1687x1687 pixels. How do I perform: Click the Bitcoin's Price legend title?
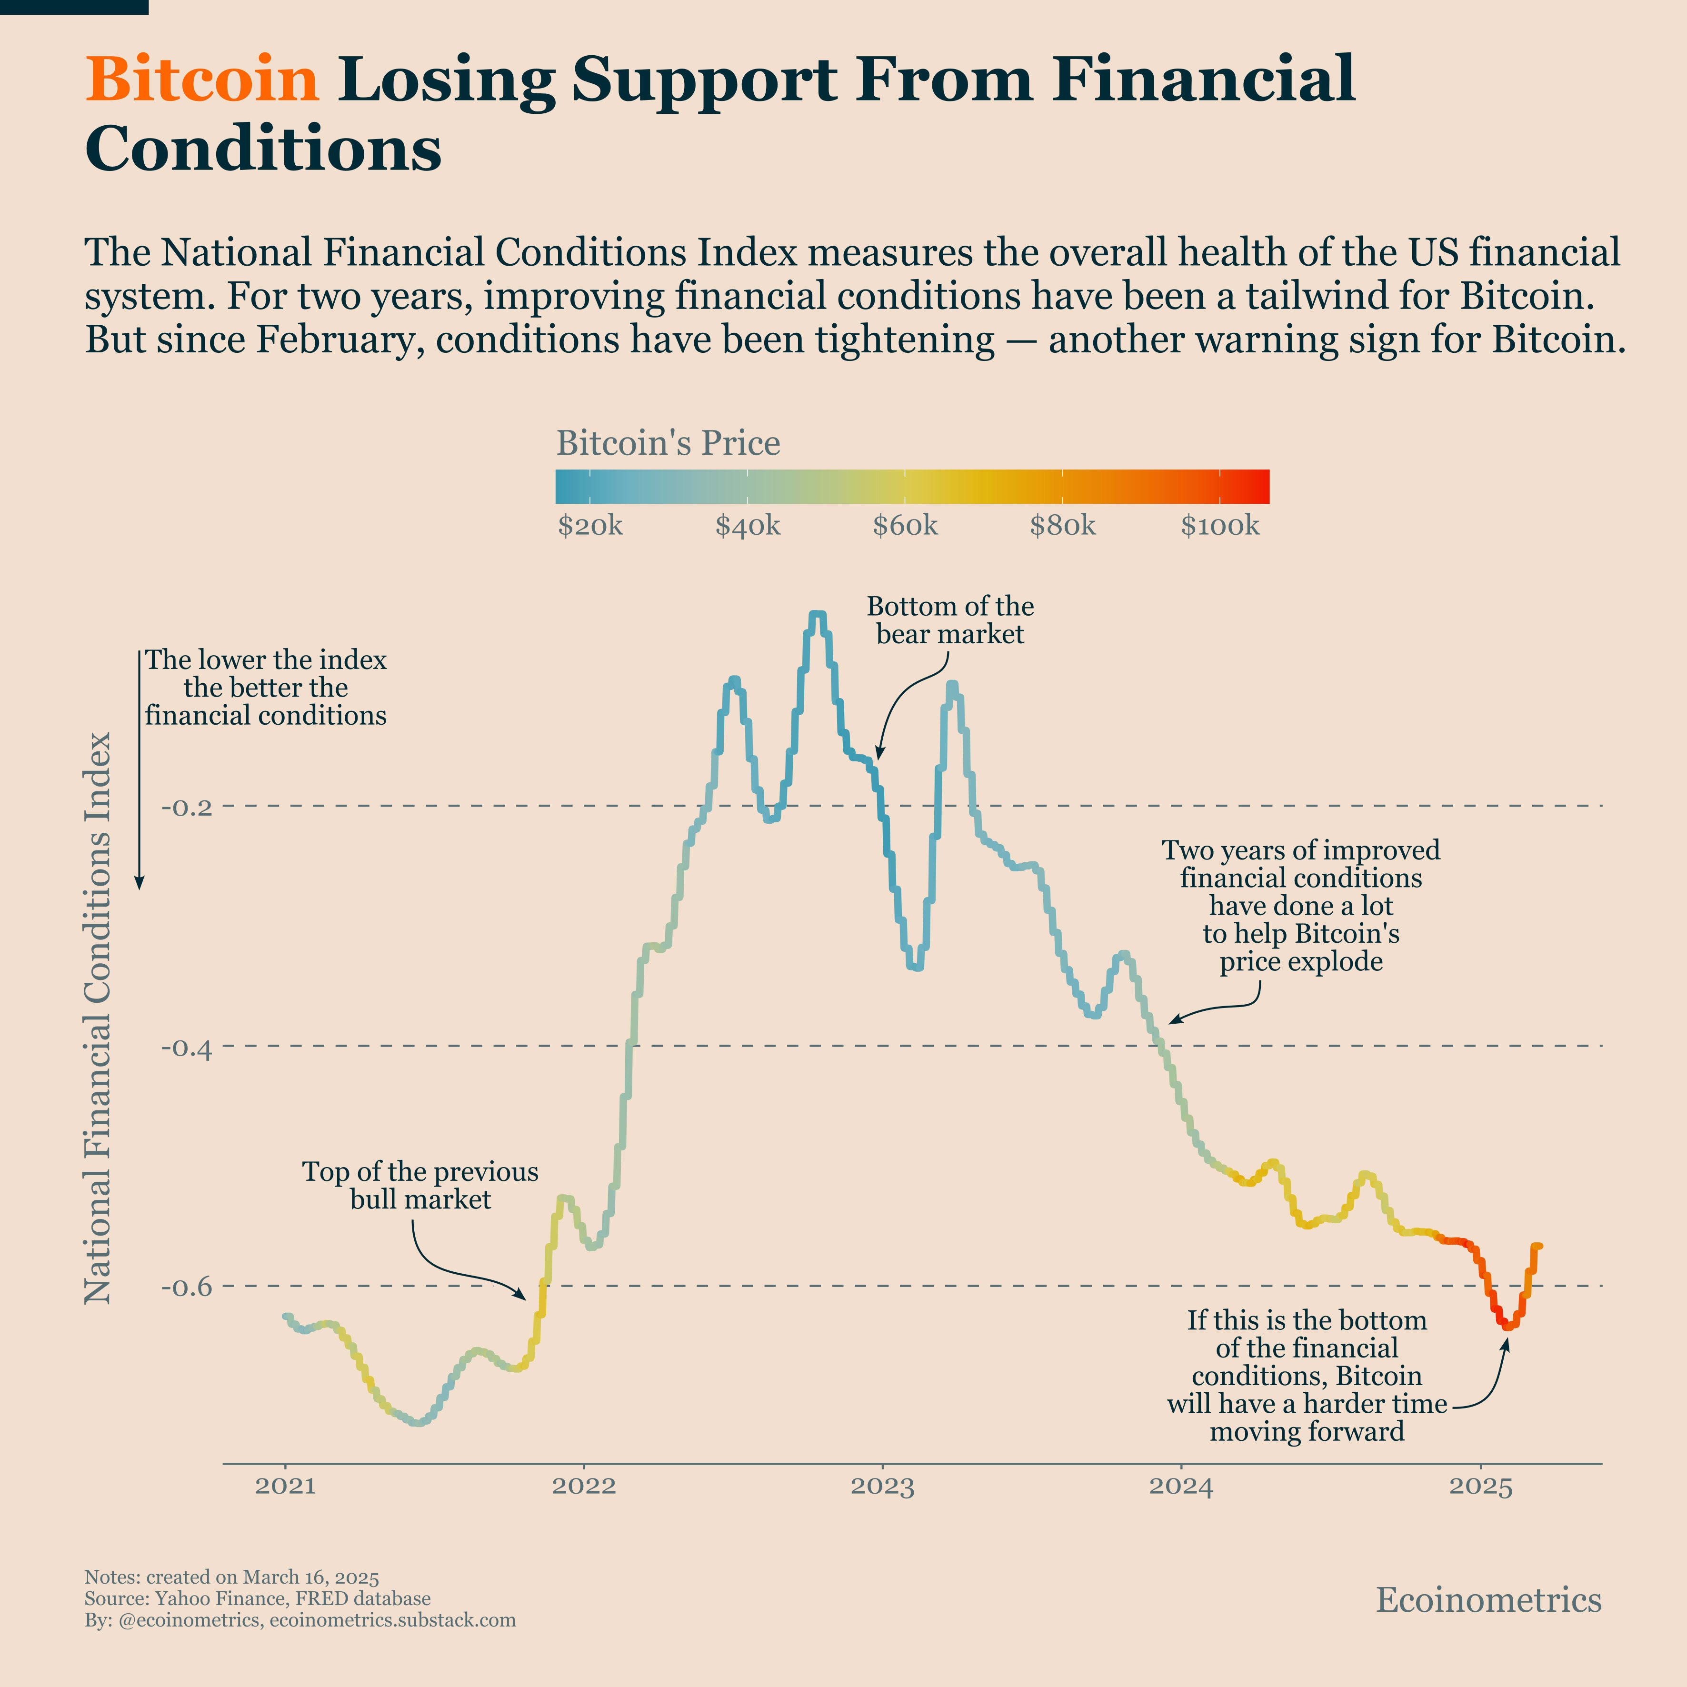tap(668, 444)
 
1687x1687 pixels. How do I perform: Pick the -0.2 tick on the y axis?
tap(187, 807)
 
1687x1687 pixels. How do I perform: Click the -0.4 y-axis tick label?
tap(187, 1047)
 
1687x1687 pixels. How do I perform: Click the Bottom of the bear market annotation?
tap(950, 620)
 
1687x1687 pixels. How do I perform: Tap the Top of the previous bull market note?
tap(420, 1185)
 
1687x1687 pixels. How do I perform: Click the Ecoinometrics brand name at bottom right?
tap(1489, 1600)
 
